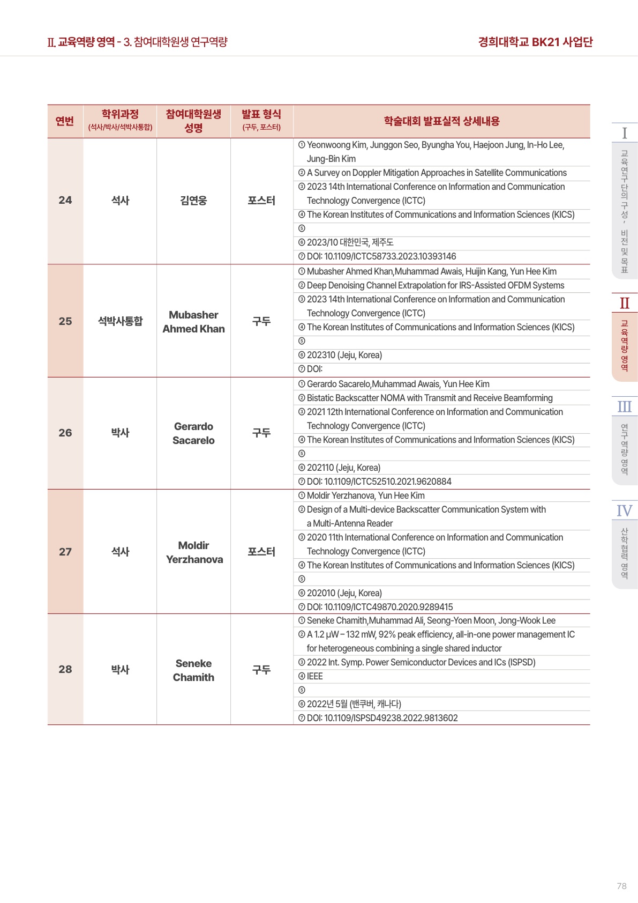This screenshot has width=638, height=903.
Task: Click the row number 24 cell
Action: (x=65, y=201)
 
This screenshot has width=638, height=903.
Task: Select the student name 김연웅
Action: (x=193, y=201)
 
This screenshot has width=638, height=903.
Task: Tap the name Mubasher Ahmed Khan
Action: (x=193, y=322)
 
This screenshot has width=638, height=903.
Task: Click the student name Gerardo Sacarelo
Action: (x=193, y=433)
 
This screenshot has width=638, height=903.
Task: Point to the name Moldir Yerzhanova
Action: (x=194, y=552)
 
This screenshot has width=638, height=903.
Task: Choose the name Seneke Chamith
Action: (x=193, y=670)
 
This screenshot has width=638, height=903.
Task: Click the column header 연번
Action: (x=65, y=121)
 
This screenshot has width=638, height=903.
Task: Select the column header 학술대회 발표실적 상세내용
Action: (x=441, y=121)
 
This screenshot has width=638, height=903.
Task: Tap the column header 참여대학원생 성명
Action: (x=193, y=121)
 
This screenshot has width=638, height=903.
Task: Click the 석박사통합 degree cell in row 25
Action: (x=120, y=321)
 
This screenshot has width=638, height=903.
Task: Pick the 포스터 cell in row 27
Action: (x=261, y=552)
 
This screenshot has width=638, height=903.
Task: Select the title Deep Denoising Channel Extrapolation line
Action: (x=436, y=285)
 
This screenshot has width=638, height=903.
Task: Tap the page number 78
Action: (x=621, y=886)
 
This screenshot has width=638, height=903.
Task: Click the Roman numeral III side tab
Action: (x=624, y=406)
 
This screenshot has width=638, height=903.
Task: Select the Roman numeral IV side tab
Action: (x=624, y=510)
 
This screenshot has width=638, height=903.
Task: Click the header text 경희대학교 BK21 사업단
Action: (x=535, y=42)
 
